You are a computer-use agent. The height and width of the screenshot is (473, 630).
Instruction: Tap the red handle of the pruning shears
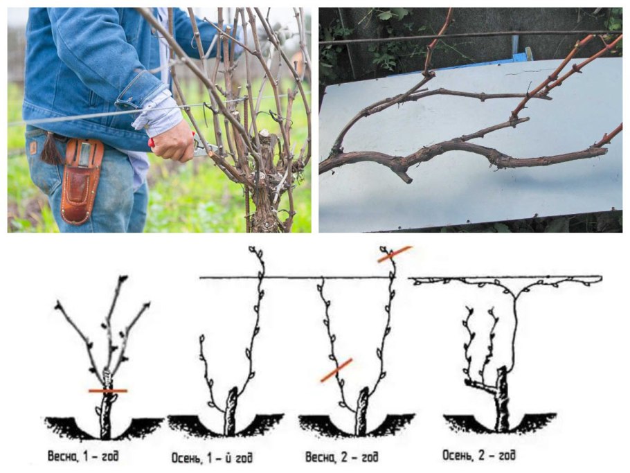coord(151,142)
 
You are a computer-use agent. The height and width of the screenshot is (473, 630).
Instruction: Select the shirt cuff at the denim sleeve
coord(158,112)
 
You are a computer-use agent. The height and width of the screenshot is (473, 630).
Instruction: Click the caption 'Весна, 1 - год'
coord(83,456)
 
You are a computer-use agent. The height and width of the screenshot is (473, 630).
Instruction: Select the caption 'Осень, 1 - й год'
coord(212,457)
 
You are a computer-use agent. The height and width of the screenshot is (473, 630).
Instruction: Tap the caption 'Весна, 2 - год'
coord(341,456)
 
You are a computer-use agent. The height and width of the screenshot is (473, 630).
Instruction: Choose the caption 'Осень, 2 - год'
coord(479,455)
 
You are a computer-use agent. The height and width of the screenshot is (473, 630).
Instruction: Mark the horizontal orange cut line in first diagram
coord(108,391)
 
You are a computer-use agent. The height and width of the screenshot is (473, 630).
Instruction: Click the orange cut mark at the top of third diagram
coord(395,254)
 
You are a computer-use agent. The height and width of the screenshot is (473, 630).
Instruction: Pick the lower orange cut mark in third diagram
coord(336,370)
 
